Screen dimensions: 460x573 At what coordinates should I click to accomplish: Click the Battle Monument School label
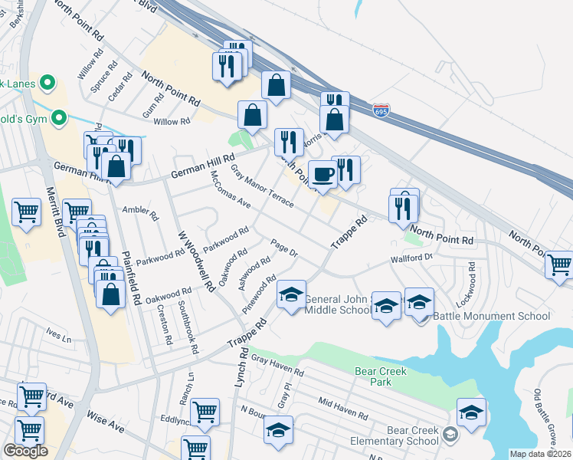tap(491, 316)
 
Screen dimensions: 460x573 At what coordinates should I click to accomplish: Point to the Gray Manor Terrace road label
tap(262, 187)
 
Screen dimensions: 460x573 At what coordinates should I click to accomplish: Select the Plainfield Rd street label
tap(129, 273)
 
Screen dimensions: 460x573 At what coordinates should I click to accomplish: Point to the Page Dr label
tap(283, 248)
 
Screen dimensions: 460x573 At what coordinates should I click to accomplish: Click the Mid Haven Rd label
tap(342, 407)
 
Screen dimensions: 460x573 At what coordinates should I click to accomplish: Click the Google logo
tap(25, 451)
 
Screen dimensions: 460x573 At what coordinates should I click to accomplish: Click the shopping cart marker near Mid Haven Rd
tap(205, 412)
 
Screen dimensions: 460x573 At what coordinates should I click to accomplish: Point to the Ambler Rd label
tap(139, 212)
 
